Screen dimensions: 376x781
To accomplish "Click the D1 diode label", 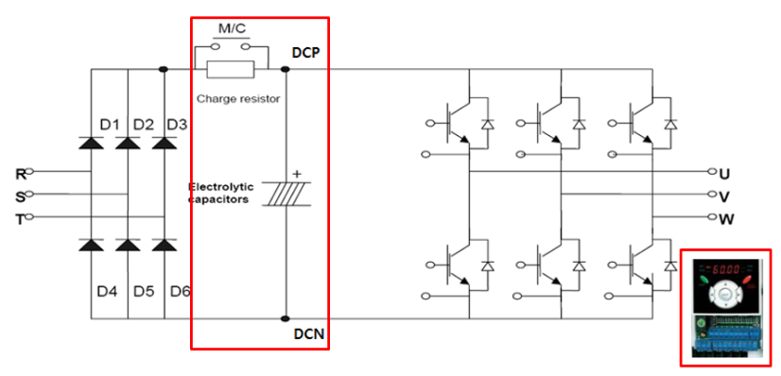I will tap(109, 124).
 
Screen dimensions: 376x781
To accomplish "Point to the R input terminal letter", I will tap(20, 173).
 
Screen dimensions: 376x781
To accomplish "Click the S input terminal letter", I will tap(20, 196).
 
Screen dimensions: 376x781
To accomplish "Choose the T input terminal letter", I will tap(20, 218).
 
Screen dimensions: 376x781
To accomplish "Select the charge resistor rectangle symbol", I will tap(231, 68).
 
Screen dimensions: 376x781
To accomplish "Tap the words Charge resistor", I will tap(237, 98).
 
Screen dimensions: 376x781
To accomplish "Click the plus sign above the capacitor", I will tap(296, 174).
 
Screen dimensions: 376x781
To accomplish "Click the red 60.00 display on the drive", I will tap(725, 269).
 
